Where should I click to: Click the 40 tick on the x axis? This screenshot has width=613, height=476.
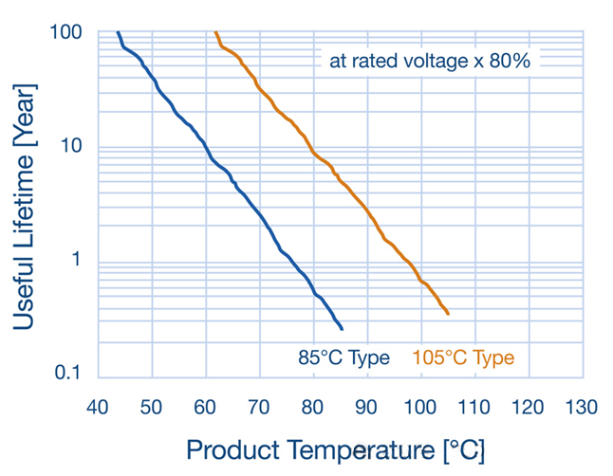pos(97,409)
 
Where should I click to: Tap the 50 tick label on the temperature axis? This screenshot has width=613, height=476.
pos(151,409)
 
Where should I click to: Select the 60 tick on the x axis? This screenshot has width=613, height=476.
pos(205,409)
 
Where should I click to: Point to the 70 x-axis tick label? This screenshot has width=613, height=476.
pos(259,409)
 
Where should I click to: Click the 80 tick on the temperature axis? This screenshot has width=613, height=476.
pos(313,409)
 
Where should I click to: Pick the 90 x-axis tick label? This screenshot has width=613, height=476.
pos(367,409)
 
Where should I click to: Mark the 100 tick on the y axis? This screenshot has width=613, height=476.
pos(68,33)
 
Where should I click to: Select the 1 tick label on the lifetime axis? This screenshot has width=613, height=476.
pos(77,261)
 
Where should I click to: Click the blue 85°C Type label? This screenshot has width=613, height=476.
pos(342,358)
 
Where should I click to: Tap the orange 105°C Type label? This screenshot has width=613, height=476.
pos(463,358)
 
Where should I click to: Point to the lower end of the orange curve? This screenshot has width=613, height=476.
pos(448,314)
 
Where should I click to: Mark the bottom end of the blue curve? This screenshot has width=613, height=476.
pos(342,329)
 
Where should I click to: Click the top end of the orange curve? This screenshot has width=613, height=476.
pos(216,31)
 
